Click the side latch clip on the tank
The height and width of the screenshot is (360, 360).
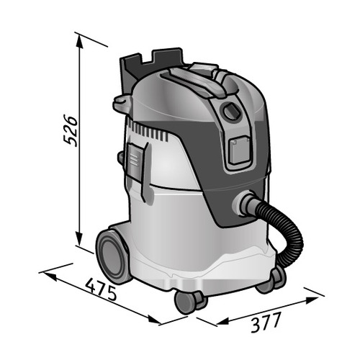(x=136, y=163)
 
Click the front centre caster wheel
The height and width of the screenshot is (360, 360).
(x=189, y=301)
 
